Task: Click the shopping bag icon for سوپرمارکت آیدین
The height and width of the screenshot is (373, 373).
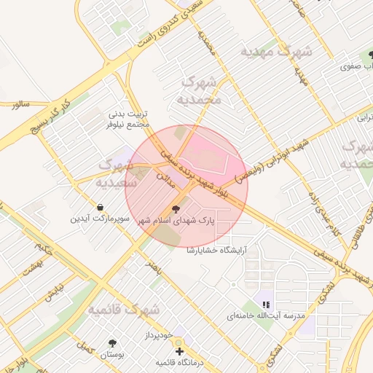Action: click(99, 207)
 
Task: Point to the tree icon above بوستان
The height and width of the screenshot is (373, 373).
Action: click(112, 342)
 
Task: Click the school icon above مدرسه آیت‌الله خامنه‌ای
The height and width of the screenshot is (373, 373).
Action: click(266, 304)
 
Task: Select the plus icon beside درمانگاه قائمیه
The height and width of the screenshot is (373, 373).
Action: click(180, 351)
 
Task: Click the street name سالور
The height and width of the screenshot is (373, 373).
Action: click(20, 104)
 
